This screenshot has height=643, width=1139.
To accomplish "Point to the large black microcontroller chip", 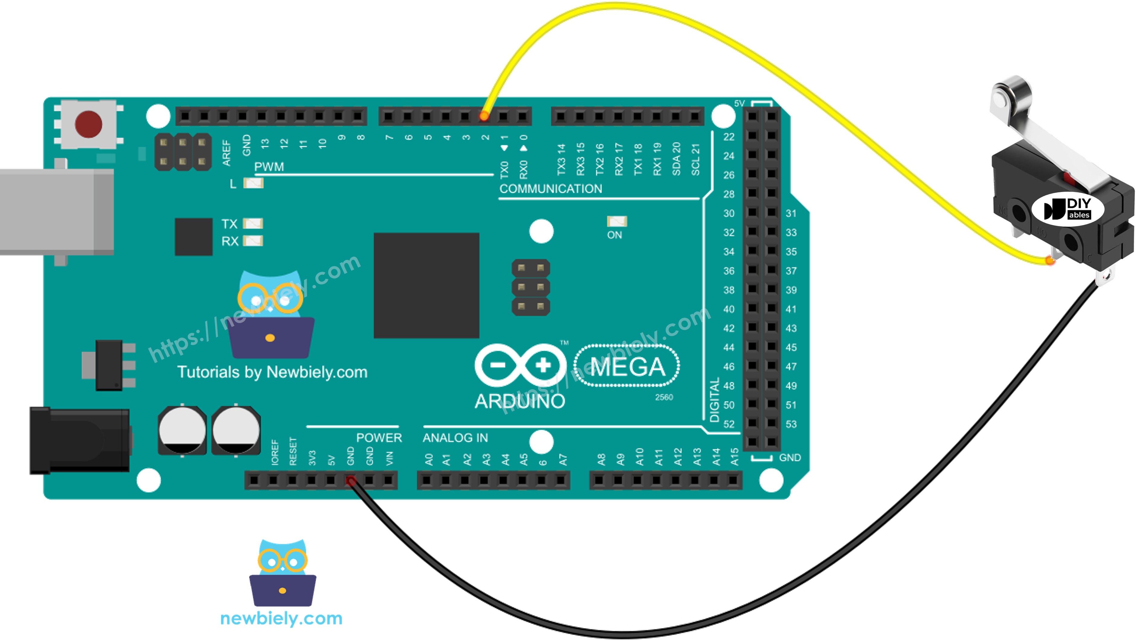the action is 426,285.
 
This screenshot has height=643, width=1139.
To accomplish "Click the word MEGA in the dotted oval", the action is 627,366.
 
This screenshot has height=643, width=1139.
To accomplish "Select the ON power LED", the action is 617,221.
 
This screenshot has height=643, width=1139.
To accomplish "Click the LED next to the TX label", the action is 253,224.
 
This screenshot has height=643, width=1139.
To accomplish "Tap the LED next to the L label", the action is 253,183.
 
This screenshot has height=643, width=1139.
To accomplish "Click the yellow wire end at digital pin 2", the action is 484,116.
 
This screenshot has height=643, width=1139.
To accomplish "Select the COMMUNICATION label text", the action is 551,189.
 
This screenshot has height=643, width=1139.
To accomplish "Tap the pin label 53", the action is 791,424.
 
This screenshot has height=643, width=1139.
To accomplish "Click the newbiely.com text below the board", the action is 281,618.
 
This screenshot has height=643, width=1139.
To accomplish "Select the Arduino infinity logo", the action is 520,366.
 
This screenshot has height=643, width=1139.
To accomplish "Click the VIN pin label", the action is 389,459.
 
